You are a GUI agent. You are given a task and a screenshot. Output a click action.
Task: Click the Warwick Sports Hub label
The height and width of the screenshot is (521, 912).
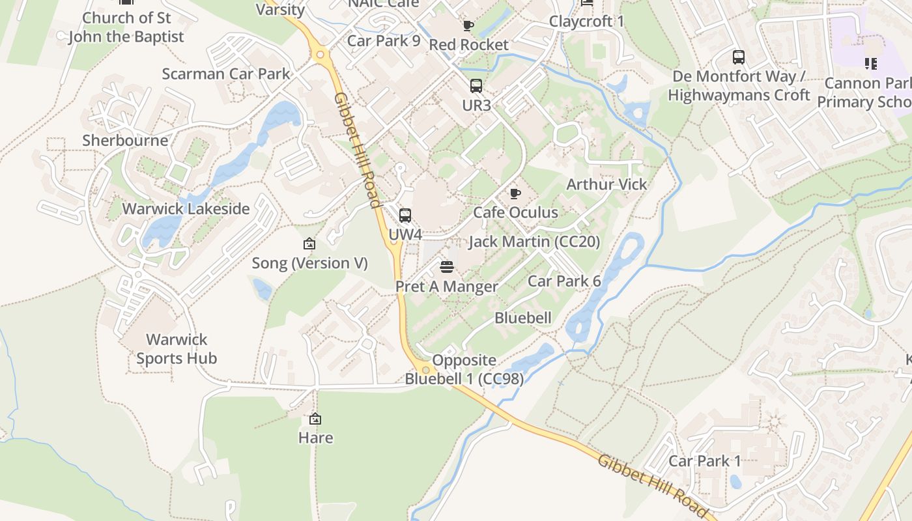pyautogui.click(x=177, y=348)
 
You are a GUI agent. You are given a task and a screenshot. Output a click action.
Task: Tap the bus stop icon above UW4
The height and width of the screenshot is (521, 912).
pyautogui.click(x=405, y=215)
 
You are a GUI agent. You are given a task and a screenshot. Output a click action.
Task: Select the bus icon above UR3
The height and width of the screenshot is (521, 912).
pyautogui.click(x=476, y=85)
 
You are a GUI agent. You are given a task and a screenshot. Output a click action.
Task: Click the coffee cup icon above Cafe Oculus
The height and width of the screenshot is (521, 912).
pyautogui.click(x=515, y=193)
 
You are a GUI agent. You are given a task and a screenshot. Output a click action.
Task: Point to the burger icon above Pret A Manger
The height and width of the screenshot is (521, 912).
pyautogui.click(x=447, y=266)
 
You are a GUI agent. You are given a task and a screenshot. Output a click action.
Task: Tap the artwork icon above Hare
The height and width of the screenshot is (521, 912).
pyautogui.click(x=315, y=419)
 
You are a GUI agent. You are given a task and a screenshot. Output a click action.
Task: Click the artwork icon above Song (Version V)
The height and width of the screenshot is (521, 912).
pyautogui.click(x=309, y=244)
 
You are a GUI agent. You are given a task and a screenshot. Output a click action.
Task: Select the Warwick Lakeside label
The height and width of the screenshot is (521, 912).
pyautogui.click(x=186, y=209)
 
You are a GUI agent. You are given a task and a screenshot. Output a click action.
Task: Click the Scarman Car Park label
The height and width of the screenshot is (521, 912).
pyautogui.click(x=226, y=74)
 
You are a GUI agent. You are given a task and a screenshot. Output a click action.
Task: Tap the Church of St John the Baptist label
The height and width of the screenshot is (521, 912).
pyautogui.click(x=126, y=27)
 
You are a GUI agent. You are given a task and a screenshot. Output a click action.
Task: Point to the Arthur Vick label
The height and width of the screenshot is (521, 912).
pyautogui.click(x=606, y=184)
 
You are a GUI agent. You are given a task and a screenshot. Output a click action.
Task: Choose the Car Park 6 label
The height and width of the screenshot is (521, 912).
pyautogui.click(x=564, y=281)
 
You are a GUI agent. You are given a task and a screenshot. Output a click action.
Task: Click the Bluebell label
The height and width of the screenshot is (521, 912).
pyautogui.click(x=523, y=318)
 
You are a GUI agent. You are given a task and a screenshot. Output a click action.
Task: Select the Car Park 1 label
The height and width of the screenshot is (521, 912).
pyautogui.click(x=705, y=461)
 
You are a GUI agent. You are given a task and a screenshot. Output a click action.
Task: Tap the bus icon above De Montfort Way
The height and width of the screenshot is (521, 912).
pyautogui.click(x=739, y=57)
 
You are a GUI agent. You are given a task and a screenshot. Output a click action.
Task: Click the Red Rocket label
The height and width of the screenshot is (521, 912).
pyautogui.click(x=468, y=45)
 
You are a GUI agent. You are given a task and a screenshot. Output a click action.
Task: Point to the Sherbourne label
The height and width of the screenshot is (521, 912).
pyautogui.click(x=125, y=140)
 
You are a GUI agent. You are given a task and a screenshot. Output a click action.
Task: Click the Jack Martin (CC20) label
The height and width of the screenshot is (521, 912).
pyautogui.click(x=534, y=242)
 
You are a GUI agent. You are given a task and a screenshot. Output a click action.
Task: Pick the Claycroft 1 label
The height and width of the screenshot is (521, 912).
pyautogui.click(x=586, y=21)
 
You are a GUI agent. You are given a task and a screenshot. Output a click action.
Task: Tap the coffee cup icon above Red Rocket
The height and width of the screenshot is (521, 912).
pyautogui.click(x=468, y=26)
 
